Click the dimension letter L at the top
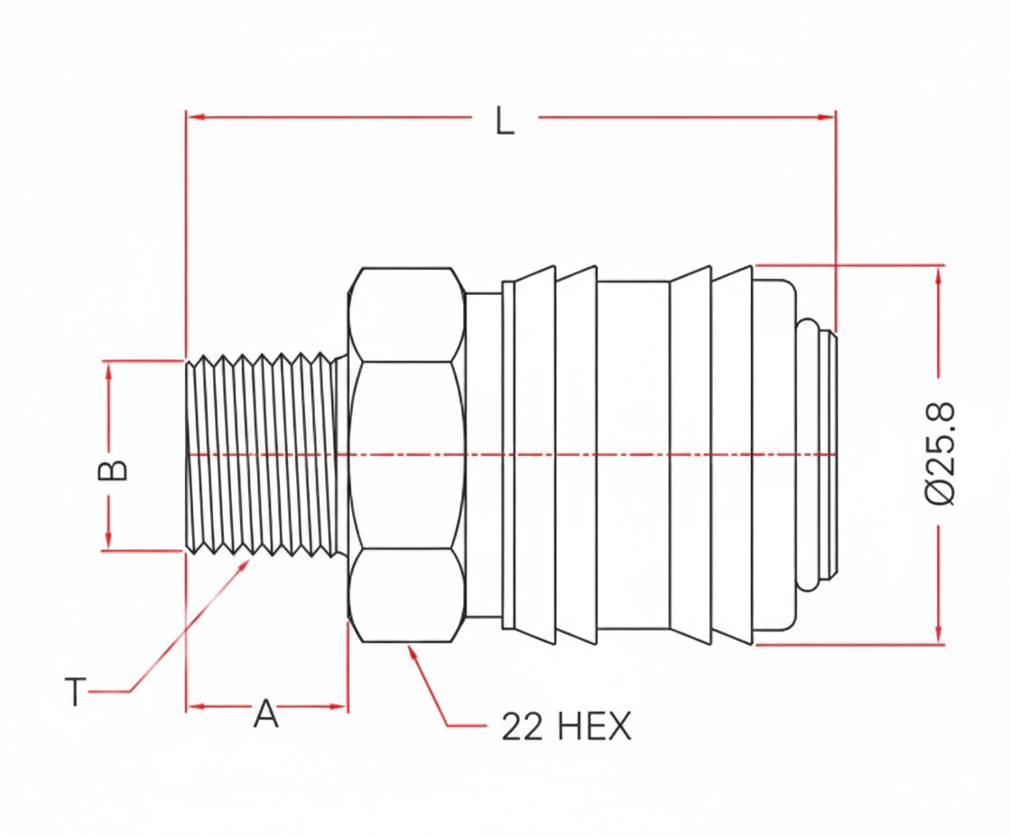pyautogui.click(x=505, y=121)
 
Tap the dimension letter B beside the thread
pyautogui.click(x=112, y=471)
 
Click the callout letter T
pyautogui.click(x=76, y=692)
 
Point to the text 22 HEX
pyautogui.click(x=567, y=727)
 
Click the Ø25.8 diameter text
pyautogui.click(x=940, y=454)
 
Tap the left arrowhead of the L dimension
pyautogui.click(x=196, y=117)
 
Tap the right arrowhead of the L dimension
pyautogui.click(x=826, y=117)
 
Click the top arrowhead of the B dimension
pyautogui.click(x=109, y=371)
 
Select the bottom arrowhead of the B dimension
pyautogui.click(x=109, y=540)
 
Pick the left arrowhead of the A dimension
pyautogui.click(x=196, y=707)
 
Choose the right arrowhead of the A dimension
pyautogui.click(x=339, y=707)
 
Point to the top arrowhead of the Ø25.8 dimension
pyautogui.click(x=939, y=274)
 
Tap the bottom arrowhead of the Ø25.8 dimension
pyautogui.click(x=939, y=633)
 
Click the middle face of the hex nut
pyautogui.click(x=407, y=455)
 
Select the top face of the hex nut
pyautogui.click(x=407, y=315)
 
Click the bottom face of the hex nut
pyautogui.click(x=407, y=594)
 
